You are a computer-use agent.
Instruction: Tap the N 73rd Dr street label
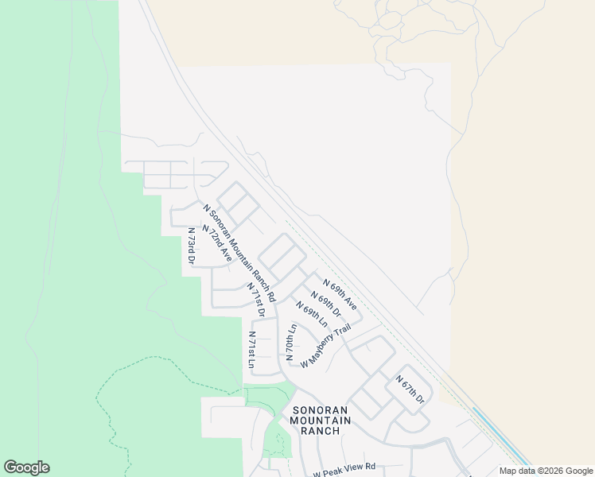(x=191, y=246)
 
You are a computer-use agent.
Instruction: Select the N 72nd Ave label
(x=216, y=243)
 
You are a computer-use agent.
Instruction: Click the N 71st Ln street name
(x=251, y=350)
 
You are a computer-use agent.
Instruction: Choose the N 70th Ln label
(x=291, y=339)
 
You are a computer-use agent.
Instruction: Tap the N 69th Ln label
(x=312, y=315)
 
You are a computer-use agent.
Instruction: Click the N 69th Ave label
(x=340, y=294)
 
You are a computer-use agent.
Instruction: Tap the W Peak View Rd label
(x=344, y=470)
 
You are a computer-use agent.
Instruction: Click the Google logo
(x=26, y=467)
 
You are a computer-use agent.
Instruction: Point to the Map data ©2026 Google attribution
(x=546, y=471)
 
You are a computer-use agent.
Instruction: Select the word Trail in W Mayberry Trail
(x=340, y=334)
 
